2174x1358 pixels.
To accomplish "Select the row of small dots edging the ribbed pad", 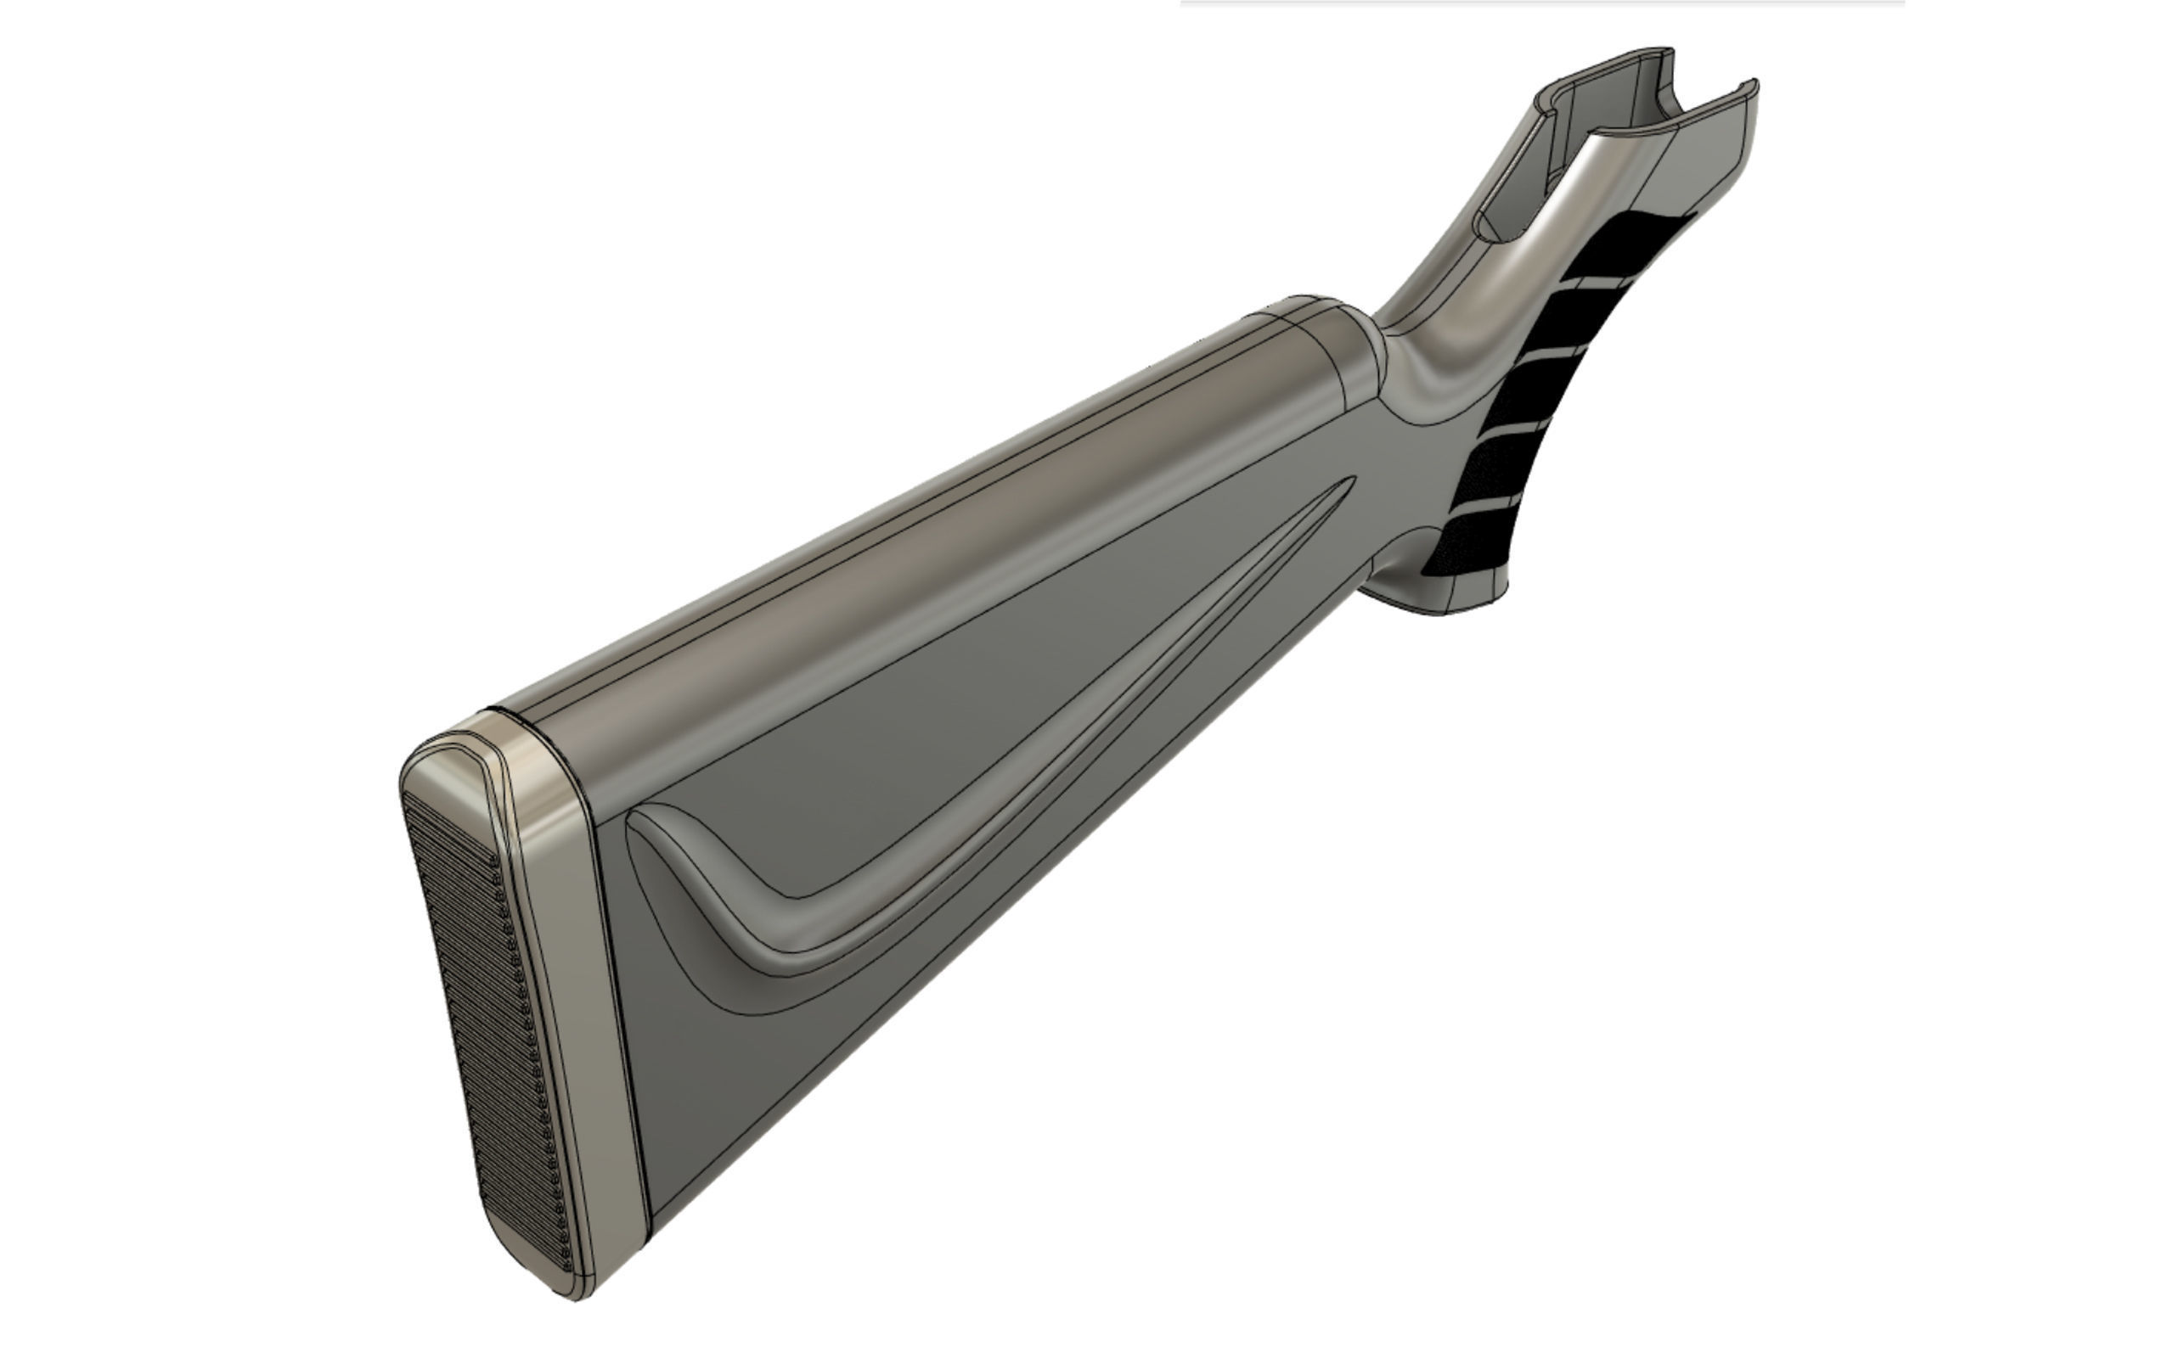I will tap(530, 1033).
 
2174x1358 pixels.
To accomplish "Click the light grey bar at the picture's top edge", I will tap(1540, 3).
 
